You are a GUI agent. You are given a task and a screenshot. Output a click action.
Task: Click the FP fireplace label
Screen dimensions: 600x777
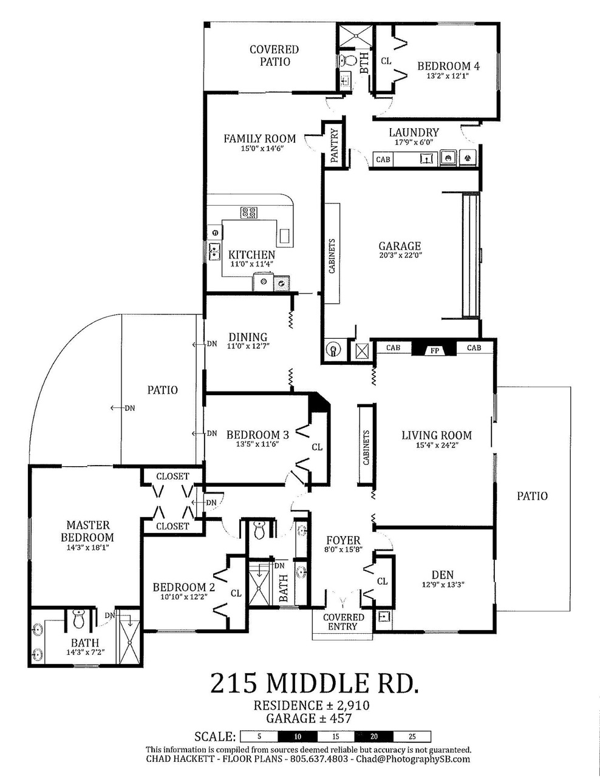pos(434,351)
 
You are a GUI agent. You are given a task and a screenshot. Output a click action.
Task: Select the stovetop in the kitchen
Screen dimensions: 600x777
pos(249,212)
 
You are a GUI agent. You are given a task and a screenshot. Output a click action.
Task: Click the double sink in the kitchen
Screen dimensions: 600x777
pos(214,251)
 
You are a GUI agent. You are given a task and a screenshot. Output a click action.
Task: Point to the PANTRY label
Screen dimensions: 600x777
pos(335,146)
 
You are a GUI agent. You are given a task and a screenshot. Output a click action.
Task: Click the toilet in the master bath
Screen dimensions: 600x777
pos(78,619)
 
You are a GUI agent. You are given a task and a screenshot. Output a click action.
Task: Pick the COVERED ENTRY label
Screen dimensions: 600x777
pos(343,622)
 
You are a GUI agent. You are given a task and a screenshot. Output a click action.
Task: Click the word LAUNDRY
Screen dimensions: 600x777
pos(414,133)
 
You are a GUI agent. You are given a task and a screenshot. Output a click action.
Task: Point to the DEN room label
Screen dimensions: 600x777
pos(443,575)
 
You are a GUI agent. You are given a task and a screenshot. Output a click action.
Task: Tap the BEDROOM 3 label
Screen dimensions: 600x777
pos(257,435)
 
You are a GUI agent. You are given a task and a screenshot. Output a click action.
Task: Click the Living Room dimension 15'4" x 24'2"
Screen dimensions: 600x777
pos(437,445)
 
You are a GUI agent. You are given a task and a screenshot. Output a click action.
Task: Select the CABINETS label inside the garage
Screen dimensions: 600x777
pos(332,256)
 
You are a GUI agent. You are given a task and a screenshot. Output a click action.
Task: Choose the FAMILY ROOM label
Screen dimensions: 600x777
pos(259,138)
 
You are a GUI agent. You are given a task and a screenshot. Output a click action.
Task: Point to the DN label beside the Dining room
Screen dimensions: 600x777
pos(212,344)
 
